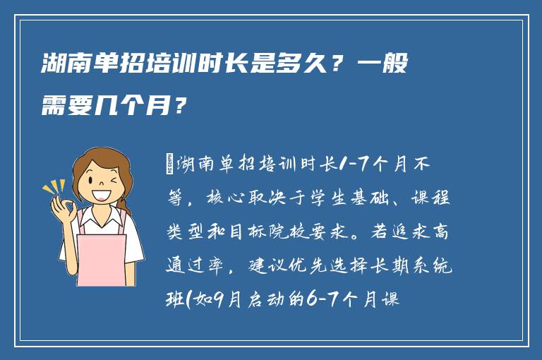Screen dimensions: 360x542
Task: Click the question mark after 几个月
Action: [182, 108]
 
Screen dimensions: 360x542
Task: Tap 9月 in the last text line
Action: [233, 300]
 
